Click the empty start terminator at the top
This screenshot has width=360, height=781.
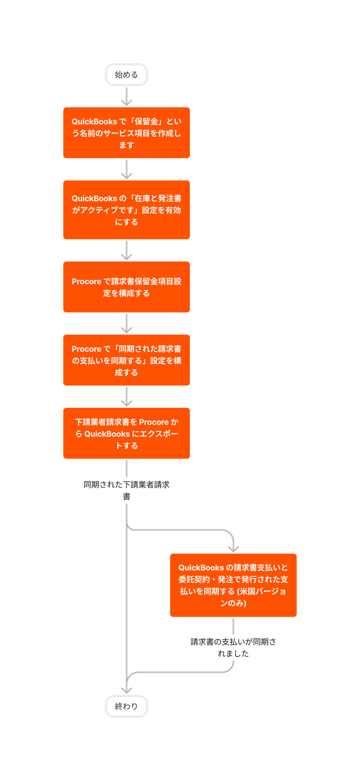coord(127,75)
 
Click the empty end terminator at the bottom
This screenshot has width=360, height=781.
coord(127,706)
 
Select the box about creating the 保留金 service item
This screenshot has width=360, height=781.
coord(127,132)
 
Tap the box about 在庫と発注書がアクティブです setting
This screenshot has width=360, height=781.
coord(127,210)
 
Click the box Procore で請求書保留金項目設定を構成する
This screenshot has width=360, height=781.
coord(127,287)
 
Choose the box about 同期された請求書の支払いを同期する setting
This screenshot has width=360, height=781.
coord(127,360)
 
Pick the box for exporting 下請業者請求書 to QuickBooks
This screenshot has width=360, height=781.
coord(127,433)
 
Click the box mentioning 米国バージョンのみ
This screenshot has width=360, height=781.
coord(233,585)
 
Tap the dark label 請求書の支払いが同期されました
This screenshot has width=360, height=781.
coord(233,647)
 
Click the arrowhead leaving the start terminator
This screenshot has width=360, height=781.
coord(127,102)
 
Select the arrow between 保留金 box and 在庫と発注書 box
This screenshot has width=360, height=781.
coord(127,170)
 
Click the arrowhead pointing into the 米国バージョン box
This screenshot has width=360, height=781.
coord(233,548)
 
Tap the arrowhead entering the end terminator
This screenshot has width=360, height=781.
coord(127,690)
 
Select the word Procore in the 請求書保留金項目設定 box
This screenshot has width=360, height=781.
coord(87,281)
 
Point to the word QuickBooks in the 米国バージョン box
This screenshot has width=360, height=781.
coord(201,567)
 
